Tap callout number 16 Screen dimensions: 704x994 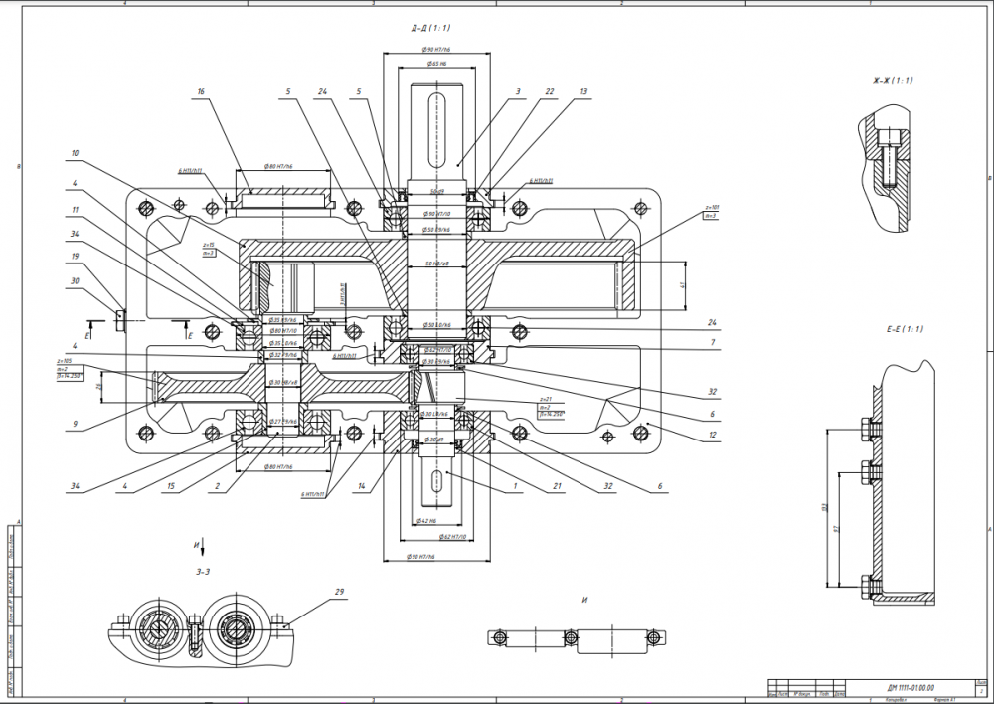click(201, 91)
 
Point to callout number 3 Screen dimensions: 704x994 click(518, 91)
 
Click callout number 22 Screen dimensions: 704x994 click(550, 91)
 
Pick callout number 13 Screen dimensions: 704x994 click(583, 91)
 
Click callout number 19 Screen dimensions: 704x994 click(76, 257)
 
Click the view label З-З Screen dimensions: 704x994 click(203, 571)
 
